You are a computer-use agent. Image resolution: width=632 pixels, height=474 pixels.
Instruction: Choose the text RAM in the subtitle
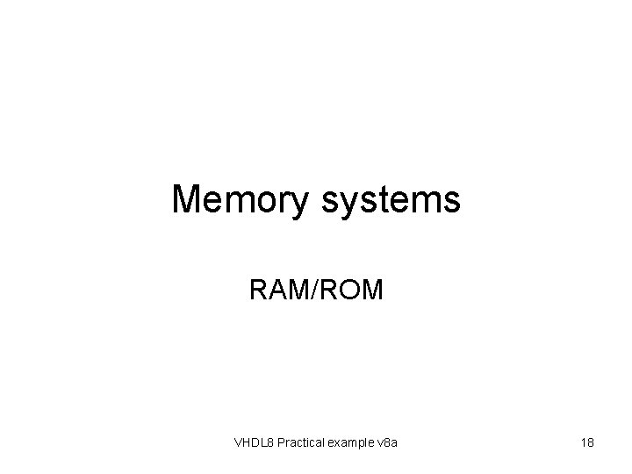(x=276, y=290)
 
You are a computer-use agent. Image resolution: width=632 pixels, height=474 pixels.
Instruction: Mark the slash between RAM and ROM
(x=314, y=290)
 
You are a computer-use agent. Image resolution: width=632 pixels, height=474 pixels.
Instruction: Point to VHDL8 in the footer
(x=254, y=443)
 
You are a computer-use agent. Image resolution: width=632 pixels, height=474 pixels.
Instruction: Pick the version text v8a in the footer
(x=387, y=443)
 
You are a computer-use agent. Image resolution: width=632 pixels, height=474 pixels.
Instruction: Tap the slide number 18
(x=587, y=443)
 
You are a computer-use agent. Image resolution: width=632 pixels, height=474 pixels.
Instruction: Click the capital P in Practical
(x=280, y=443)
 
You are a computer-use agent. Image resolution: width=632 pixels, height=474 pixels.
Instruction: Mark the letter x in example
(x=336, y=444)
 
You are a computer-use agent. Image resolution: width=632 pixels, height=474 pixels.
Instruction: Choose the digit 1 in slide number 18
(x=583, y=443)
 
